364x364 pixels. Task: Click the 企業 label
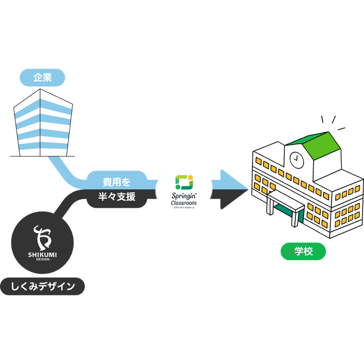pyautogui.click(x=43, y=78)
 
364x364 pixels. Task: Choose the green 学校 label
pyautogui.click(x=303, y=252)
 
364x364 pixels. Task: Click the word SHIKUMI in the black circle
pyautogui.click(x=42, y=254)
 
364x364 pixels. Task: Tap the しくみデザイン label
pyautogui.click(x=43, y=286)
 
